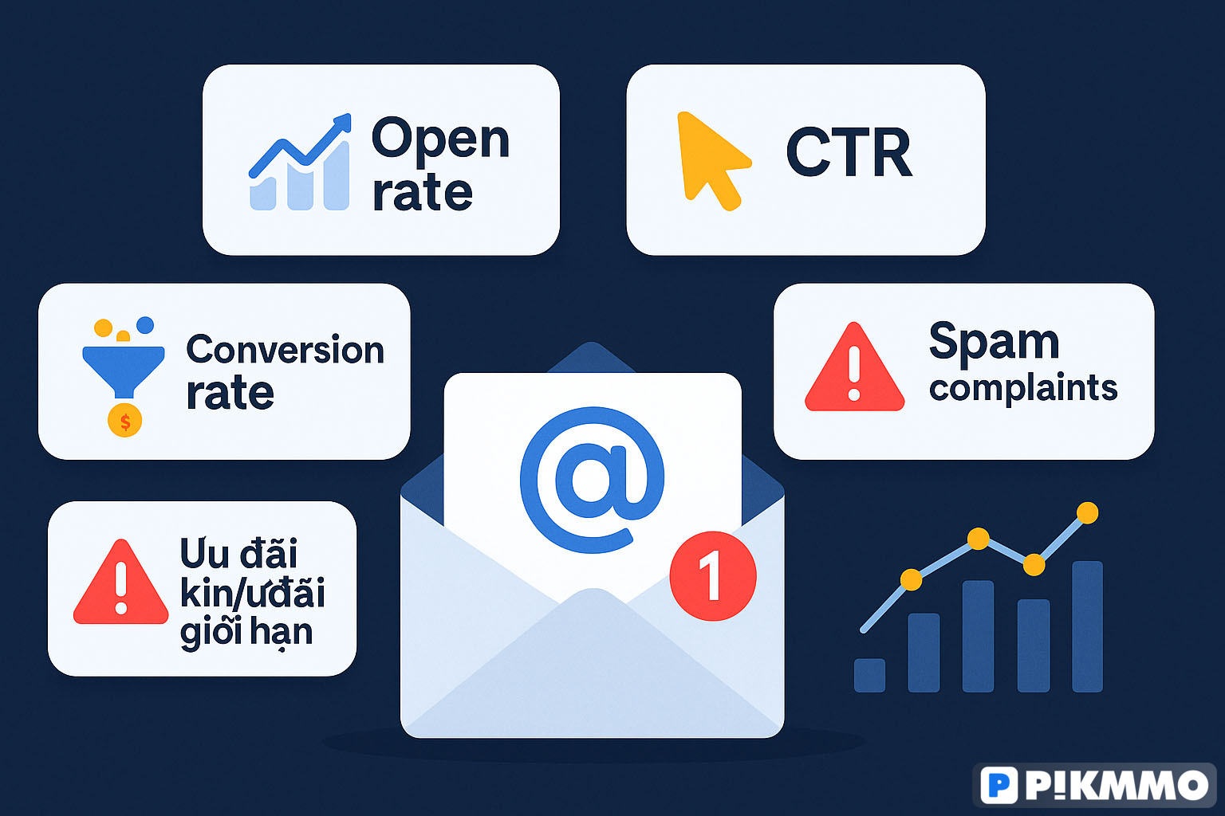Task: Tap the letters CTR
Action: pyautogui.click(x=849, y=152)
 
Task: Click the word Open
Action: pyautogui.click(x=440, y=139)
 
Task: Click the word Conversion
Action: pyautogui.click(x=285, y=349)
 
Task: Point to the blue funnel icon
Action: pyautogui.click(x=124, y=371)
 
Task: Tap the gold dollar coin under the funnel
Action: pyautogui.click(x=124, y=420)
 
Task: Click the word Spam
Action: pyautogui.click(x=995, y=343)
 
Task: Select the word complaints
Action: pyautogui.click(x=1023, y=389)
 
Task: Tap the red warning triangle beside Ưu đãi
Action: pyautogui.click(x=121, y=584)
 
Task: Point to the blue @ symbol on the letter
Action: pyautogui.click(x=593, y=480)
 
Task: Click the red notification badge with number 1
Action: pyautogui.click(x=713, y=576)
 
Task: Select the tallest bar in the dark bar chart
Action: pyautogui.click(x=1087, y=626)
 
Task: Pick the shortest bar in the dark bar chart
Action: pyautogui.click(x=869, y=676)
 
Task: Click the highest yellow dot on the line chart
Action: pyautogui.click(x=1087, y=512)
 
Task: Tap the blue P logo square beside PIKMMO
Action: pyautogui.click(x=999, y=786)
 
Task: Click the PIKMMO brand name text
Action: pyautogui.click(x=1117, y=786)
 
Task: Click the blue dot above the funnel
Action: pyautogui.click(x=145, y=324)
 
